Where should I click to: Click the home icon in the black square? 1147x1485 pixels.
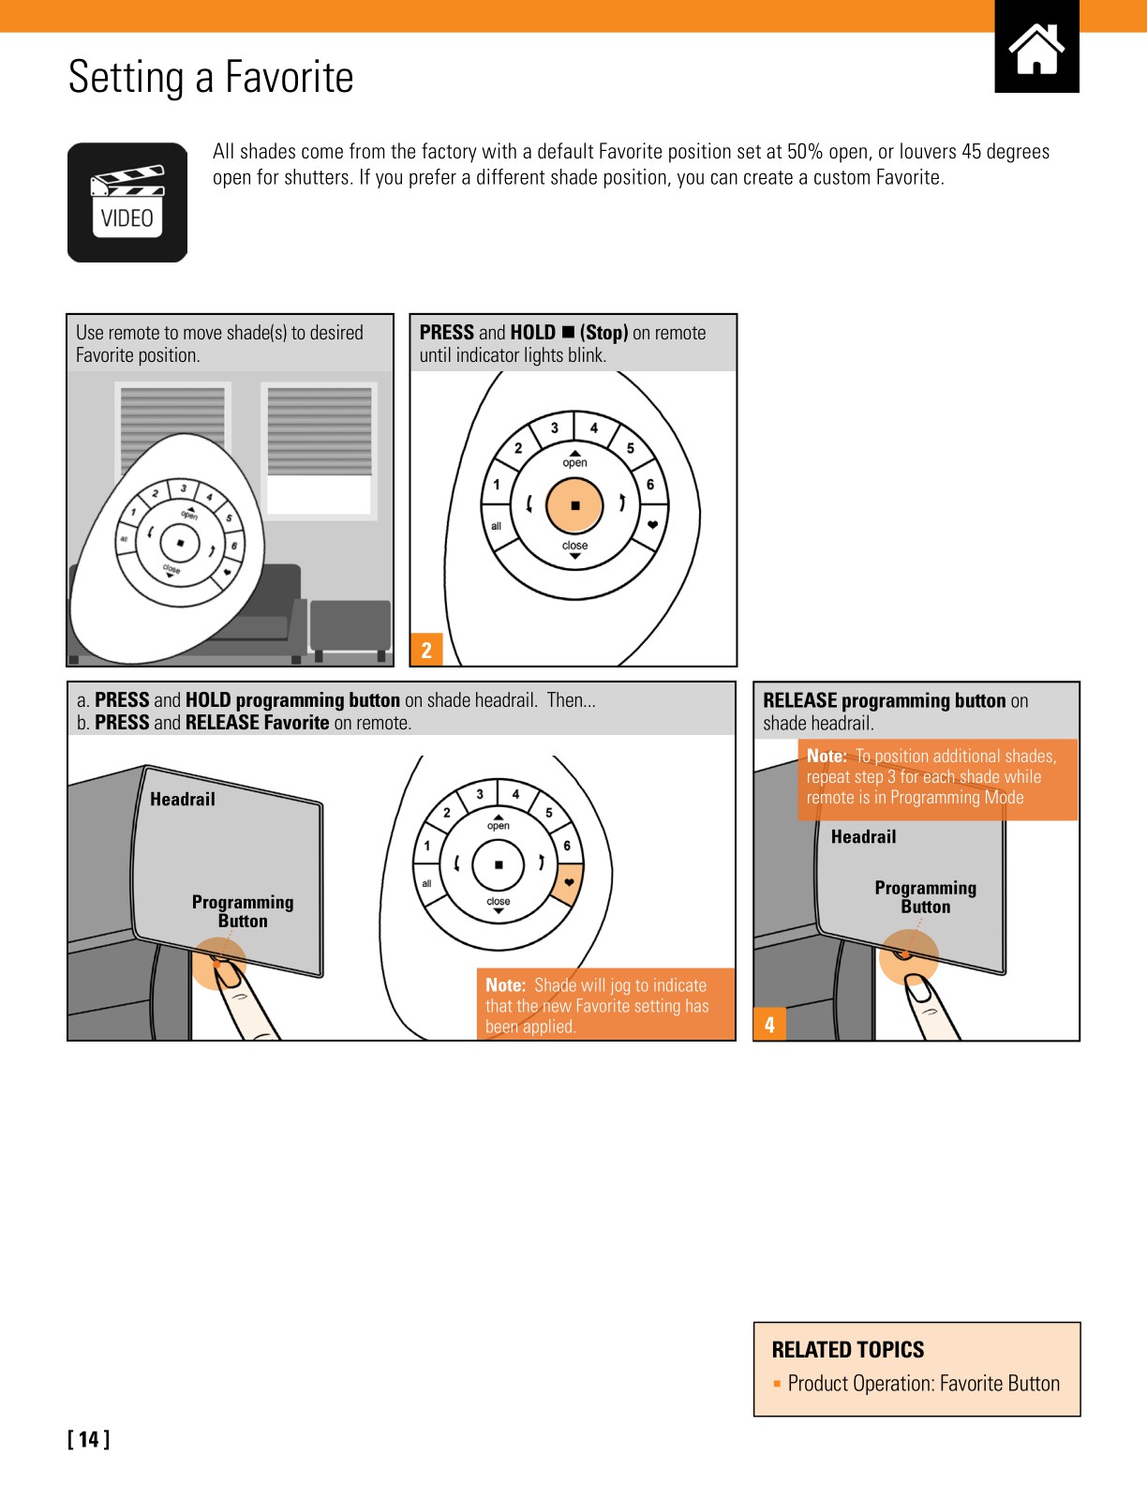pyautogui.click(x=1036, y=48)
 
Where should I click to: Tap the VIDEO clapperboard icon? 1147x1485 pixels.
pyautogui.click(x=127, y=202)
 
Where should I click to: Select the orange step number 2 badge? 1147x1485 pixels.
pyautogui.click(x=426, y=650)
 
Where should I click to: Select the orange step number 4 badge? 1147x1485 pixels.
pyautogui.click(x=769, y=1024)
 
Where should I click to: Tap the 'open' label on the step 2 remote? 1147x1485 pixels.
pyautogui.click(x=574, y=462)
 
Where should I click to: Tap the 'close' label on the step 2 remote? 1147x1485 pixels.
pyautogui.click(x=574, y=546)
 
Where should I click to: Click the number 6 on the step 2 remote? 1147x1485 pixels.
pyautogui.click(x=649, y=485)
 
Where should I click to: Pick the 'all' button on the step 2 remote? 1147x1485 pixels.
pyautogui.click(x=496, y=526)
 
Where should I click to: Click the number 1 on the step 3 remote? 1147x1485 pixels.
pyautogui.click(x=427, y=846)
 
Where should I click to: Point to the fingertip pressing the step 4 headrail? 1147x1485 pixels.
pyautogui.click(x=918, y=988)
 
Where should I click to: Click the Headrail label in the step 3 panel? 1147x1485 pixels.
pyautogui.click(x=183, y=800)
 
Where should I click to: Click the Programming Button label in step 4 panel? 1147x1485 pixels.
pyautogui.click(x=925, y=897)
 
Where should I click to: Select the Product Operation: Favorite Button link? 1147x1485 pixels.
pyautogui.click(x=923, y=1384)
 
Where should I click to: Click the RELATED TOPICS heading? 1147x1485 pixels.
pyautogui.click(x=847, y=1350)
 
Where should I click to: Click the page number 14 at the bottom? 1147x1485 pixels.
pyautogui.click(x=89, y=1439)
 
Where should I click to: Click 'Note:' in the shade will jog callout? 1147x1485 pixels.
pyautogui.click(x=505, y=985)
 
